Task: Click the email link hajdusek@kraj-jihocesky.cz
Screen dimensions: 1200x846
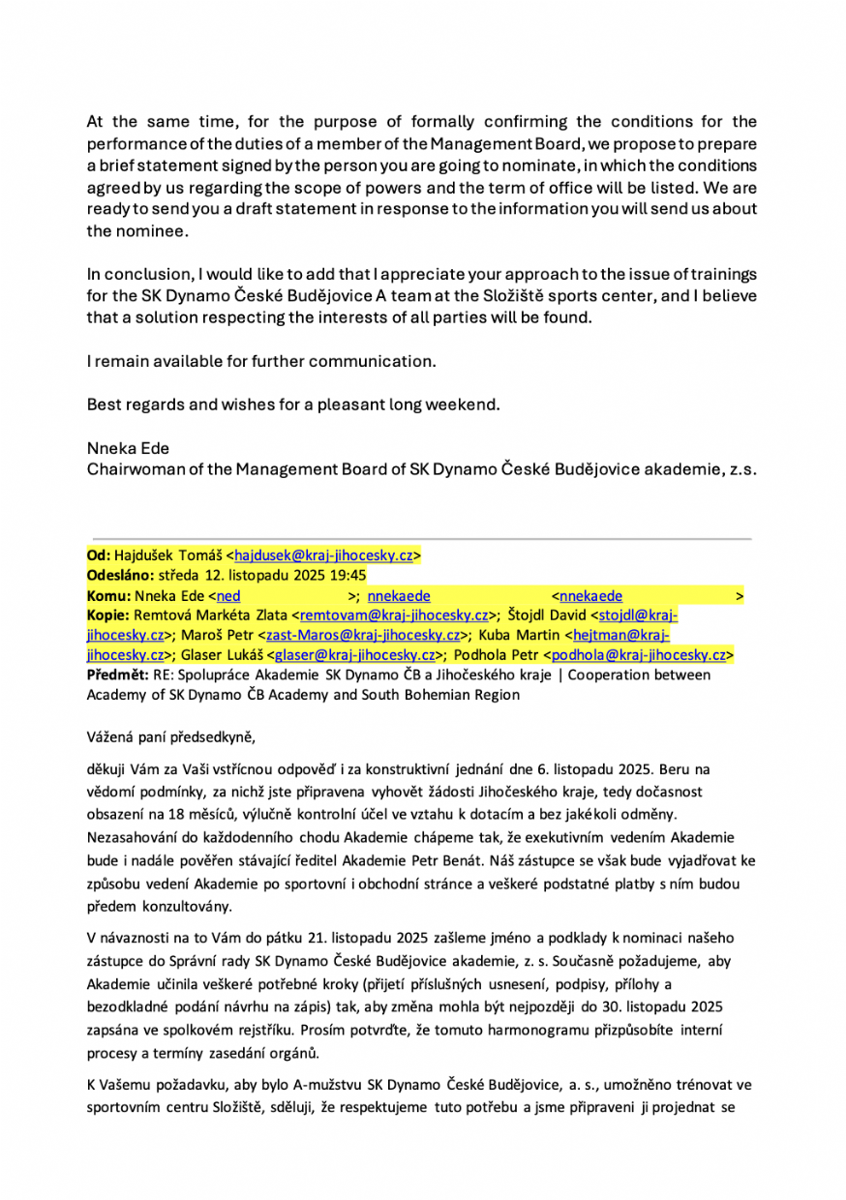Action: (324, 555)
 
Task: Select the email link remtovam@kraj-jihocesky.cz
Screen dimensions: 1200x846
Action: (394, 615)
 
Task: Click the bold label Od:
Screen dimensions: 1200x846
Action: (99, 555)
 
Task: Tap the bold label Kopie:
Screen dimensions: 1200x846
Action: (107, 615)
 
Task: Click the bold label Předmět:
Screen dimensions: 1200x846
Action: (115, 675)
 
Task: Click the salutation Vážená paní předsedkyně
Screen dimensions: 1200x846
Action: (170, 736)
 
